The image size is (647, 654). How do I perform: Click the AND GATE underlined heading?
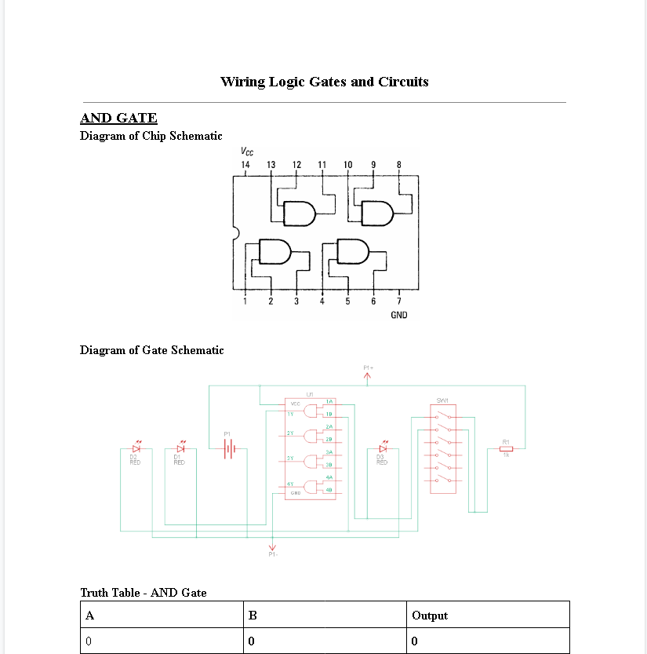tap(118, 119)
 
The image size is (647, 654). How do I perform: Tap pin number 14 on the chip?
tap(245, 165)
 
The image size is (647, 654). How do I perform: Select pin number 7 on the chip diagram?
tap(398, 301)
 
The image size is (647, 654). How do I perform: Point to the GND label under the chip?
tap(398, 315)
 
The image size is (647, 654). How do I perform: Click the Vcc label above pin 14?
tap(247, 152)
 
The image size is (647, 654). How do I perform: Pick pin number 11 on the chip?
tap(322, 165)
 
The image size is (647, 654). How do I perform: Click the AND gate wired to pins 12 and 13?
tap(299, 213)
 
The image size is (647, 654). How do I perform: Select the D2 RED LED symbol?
tap(136, 448)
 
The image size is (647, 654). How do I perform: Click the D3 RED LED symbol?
tap(383, 448)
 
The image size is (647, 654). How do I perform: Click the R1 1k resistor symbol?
tap(506, 448)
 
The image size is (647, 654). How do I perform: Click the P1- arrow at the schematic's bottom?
tap(273, 547)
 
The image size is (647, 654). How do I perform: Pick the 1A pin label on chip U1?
tap(329, 401)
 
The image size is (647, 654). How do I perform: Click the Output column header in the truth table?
tap(430, 616)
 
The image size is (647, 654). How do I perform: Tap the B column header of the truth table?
tap(253, 616)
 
